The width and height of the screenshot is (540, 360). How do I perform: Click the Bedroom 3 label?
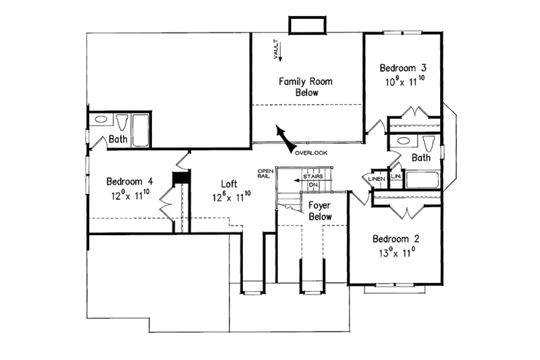(x=402, y=68)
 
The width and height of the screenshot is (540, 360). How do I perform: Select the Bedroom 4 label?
(x=130, y=182)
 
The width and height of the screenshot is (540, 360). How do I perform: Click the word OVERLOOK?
(x=311, y=153)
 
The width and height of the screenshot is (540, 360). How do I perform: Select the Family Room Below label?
(x=306, y=87)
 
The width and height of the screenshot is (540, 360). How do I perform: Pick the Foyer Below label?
(x=320, y=210)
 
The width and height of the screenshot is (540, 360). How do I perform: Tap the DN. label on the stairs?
(x=313, y=184)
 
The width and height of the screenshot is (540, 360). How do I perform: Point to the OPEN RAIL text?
(x=265, y=173)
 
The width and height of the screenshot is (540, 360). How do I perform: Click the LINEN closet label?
(x=375, y=178)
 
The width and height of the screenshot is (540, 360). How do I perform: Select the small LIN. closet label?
(x=396, y=176)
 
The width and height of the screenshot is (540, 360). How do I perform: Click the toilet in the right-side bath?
(x=428, y=143)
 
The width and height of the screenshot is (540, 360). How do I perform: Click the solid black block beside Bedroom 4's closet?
(x=180, y=177)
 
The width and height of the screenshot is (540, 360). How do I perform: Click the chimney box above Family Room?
(x=307, y=25)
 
